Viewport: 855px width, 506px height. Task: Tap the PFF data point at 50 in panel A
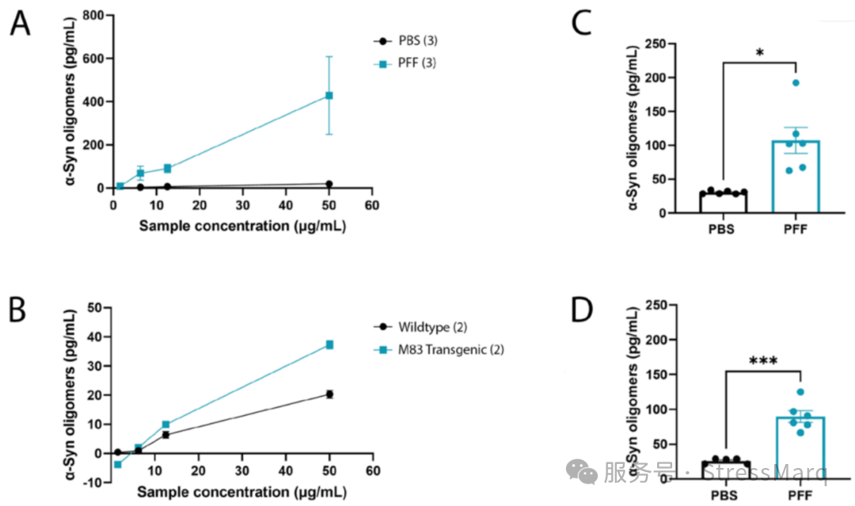[329, 95]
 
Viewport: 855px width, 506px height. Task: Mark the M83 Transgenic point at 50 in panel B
[329, 344]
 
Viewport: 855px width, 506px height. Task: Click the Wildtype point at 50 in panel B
[329, 394]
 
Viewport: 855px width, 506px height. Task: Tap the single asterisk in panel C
[759, 54]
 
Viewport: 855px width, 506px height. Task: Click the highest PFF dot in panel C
[796, 82]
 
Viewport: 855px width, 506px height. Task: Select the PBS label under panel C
[722, 231]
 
